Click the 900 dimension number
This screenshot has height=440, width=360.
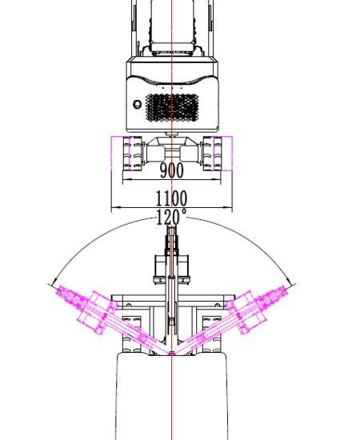(172, 170)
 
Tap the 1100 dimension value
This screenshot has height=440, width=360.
(171, 198)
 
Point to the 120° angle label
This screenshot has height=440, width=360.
(171, 217)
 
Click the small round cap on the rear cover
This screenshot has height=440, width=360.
(138, 104)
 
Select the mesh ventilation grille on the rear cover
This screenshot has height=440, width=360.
(172, 108)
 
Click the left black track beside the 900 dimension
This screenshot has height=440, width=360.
(133, 154)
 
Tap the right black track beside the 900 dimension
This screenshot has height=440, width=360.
(213, 154)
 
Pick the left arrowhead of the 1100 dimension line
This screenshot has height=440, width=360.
(116, 208)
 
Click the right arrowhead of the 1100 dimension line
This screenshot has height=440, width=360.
(227, 208)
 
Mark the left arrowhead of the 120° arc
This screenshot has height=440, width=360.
(54, 281)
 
